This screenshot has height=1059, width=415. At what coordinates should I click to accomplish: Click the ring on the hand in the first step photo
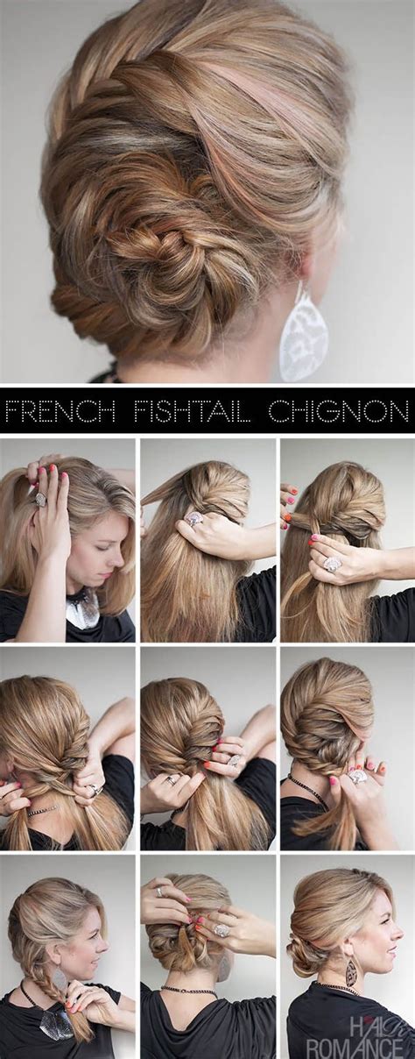point(40,499)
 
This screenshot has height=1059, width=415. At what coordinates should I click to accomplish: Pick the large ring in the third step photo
point(333,564)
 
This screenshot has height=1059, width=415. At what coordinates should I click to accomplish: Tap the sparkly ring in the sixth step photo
point(357,776)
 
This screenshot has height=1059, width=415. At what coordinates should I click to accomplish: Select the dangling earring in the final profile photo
point(351,970)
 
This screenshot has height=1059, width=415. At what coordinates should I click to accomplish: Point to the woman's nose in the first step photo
point(120,556)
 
